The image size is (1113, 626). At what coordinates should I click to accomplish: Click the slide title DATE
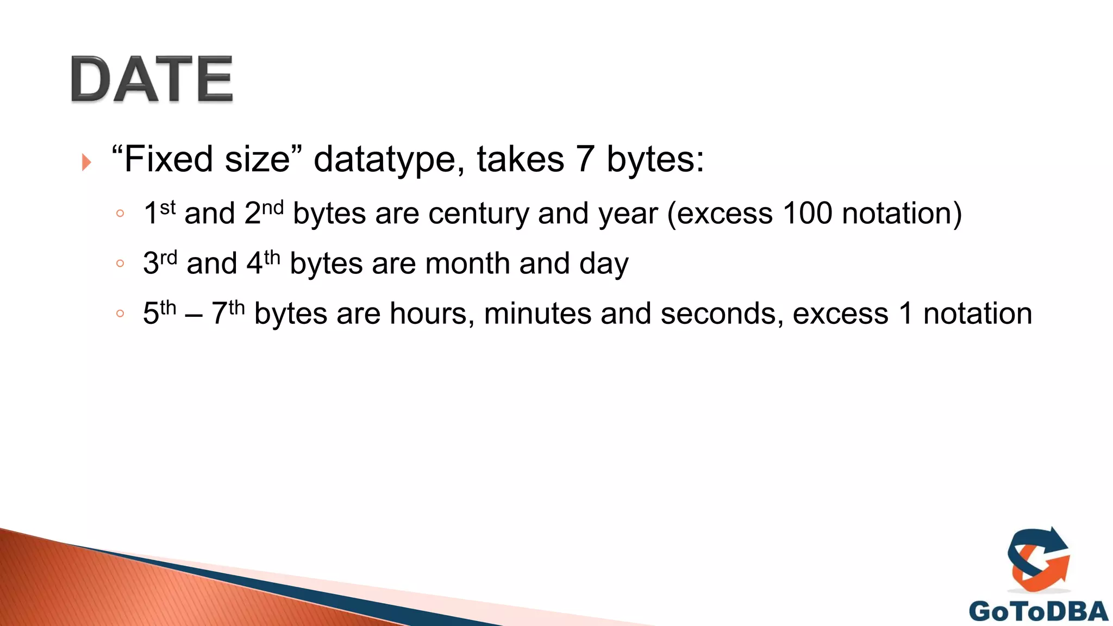[152, 79]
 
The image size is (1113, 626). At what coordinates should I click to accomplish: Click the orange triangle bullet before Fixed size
[86, 162]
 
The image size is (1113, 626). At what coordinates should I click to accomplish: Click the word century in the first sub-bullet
[478, 214]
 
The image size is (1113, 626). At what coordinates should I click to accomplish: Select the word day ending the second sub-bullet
[604, 265]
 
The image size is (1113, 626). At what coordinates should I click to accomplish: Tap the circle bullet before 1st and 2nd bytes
[120, 214]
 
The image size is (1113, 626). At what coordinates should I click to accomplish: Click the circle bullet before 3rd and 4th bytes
[120, 264]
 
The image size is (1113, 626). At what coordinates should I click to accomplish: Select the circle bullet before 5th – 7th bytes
[120, 314]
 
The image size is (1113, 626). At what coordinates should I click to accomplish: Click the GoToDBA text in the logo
[1038, 612]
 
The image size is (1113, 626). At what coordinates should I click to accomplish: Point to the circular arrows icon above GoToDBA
[1039, 560]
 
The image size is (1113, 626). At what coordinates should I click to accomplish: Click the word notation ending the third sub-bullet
[977, 314]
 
